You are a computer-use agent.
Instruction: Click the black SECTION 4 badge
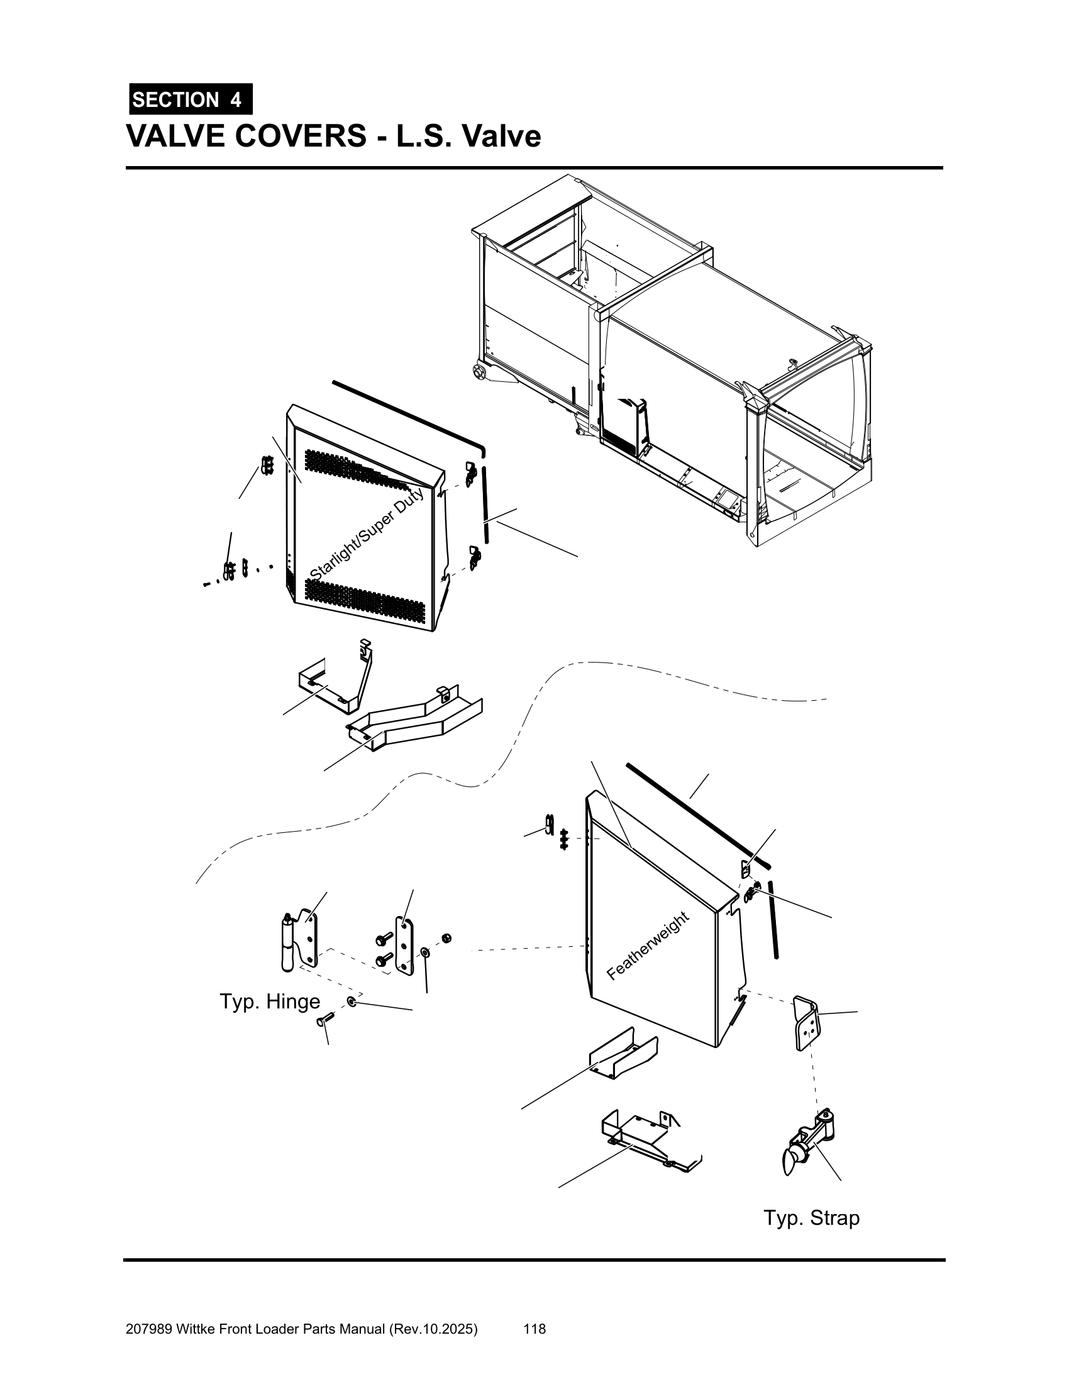[x=190, y=99]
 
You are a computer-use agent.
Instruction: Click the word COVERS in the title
[x=301, y=136]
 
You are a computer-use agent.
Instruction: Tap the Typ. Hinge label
[x=270, y=1002]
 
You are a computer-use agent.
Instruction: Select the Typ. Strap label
[x=811, y=1218]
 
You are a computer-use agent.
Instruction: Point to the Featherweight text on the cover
[x=647, y=946]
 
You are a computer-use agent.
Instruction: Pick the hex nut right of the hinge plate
[x=445, y=937]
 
